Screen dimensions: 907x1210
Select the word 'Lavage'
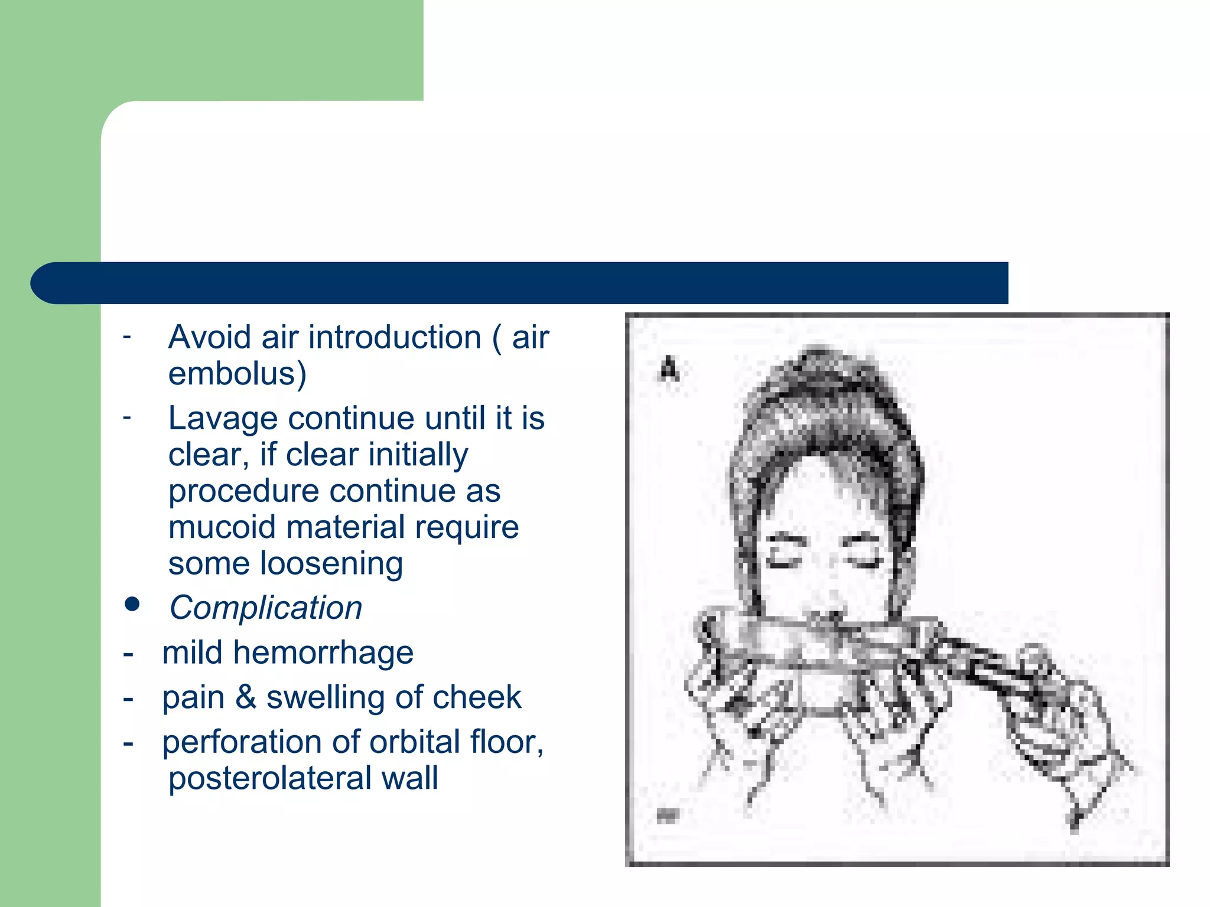click(222, 419)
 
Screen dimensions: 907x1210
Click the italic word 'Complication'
click(266, 608)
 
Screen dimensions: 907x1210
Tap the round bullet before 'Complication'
click(132, 604)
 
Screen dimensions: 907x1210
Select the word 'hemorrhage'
click(323, 652)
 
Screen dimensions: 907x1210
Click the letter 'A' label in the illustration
click(669, 369)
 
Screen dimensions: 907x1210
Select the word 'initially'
click(418, 455)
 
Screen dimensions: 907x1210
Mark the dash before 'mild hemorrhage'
click(128, 654)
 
